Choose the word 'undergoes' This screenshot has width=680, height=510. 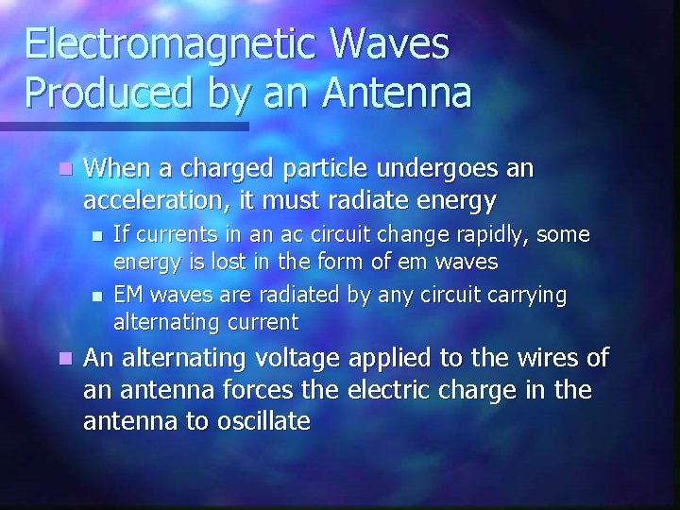pos(447,170)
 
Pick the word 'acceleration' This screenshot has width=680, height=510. pos(155,200)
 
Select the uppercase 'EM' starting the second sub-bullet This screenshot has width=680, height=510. pos(127,296)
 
